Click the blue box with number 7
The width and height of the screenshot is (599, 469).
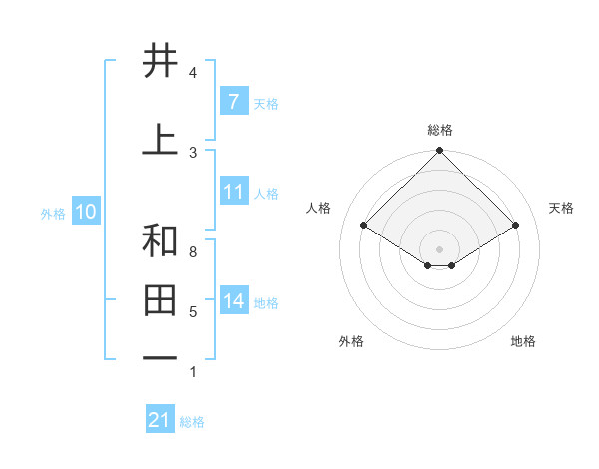(x=233, y=102)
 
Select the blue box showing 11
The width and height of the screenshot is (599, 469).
(x=233, y=192)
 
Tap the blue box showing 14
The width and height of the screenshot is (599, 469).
(x=233, y=301)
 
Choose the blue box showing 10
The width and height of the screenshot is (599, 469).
(x=85, y=212)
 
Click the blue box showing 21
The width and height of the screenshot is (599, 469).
(x=160, y=420)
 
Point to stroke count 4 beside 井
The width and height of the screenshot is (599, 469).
(x=193, y=73)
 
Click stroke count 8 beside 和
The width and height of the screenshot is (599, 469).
(x=193, y=252)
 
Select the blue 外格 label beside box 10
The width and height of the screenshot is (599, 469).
(x=53, y=213)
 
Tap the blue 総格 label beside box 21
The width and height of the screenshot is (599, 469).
(x=192, y=422)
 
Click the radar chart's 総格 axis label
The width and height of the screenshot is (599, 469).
(x=440, y=130)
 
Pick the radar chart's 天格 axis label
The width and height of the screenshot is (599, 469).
(x=562, y=208)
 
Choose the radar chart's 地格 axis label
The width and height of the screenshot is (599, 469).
(x=523, y=342)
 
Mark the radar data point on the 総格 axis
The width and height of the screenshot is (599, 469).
(x=440, y=151)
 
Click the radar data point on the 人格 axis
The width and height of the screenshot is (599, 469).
(x=364, y=225)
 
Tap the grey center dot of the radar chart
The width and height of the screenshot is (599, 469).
(x=440, y=248)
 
